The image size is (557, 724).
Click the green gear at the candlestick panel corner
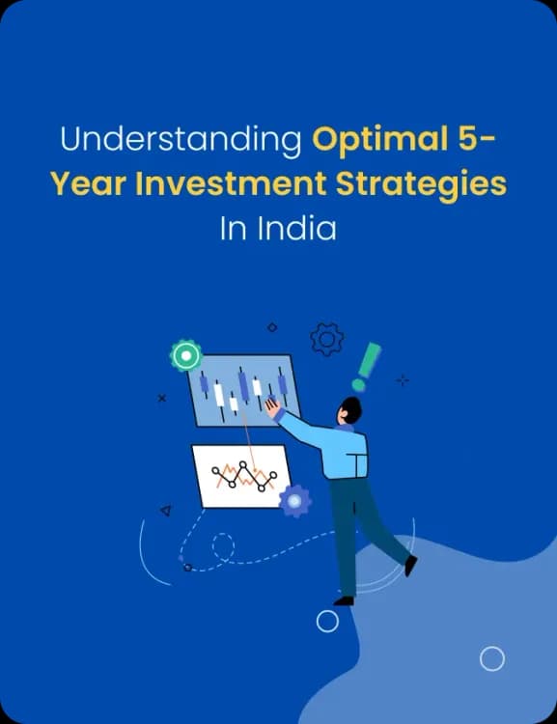pyautogui.click(x=185, y=356)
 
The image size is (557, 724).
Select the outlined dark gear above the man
pyautogui.click(x=327, y=339)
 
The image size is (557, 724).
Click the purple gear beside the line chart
pyautogui.click(x=294, y=500)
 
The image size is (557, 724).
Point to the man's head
pyautogui.click(x=348, y=410)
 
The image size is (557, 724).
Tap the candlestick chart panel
pyautogui.click(x=240, y=390)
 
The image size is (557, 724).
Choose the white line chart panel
pyautogui.click(x=242, y=475)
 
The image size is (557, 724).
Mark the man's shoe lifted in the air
pyautogui.click(x=410, y=566)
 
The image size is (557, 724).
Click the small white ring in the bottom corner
pyautogui.click(x=492, y=659)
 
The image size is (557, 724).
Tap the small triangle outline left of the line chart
pyautogui.click(x=165, y=510)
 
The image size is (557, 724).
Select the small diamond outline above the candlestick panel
pyautogui.click(x=272, y=328)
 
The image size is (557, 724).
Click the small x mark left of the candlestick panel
pyautogui.click(x=161, y=397)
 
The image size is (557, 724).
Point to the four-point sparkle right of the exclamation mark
pyautogui.click(x=403, y=379)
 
